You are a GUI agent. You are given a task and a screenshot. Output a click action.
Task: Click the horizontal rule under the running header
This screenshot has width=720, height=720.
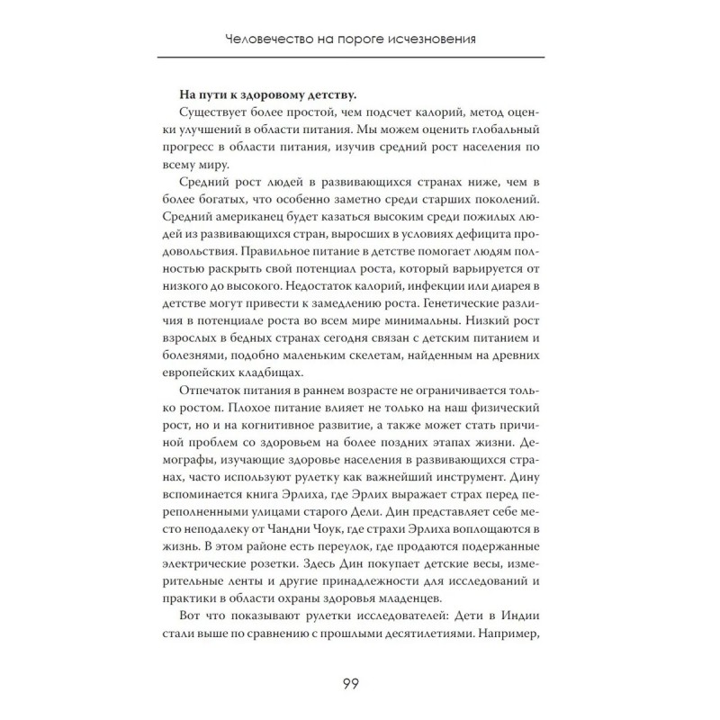[x=360, y=58]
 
